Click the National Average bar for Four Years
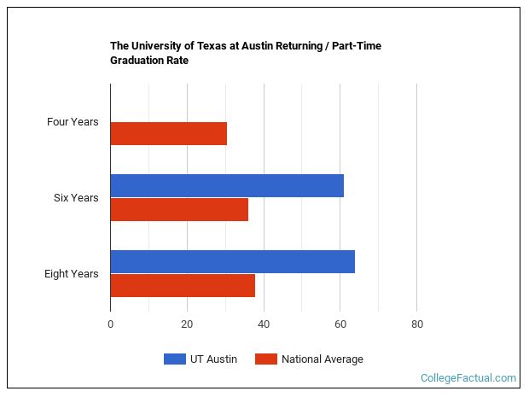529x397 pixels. click(168, 133)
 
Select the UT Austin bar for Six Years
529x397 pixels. click(227, 185)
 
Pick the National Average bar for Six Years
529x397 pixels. click(179, 210)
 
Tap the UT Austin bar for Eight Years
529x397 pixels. click(232, 261)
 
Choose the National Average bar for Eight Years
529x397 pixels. click(183, 286)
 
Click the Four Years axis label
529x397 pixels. click(73, 122)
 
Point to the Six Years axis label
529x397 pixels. click(76, 198)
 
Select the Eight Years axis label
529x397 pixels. click(72, 274)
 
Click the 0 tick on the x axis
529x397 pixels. click(110, 324)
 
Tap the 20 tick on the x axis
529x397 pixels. click(187, 324)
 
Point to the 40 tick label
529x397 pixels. click(264, 324)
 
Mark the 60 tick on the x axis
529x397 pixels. click(340, 324)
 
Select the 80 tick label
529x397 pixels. click(416, 324)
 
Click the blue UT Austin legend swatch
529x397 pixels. click(175, 359)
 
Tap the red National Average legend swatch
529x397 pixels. click(265, 359)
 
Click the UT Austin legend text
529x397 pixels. click(215, 359)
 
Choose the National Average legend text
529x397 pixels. click(322, 359)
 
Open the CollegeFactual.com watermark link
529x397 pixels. click(468, 377)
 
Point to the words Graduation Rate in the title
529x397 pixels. click(149, 61)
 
